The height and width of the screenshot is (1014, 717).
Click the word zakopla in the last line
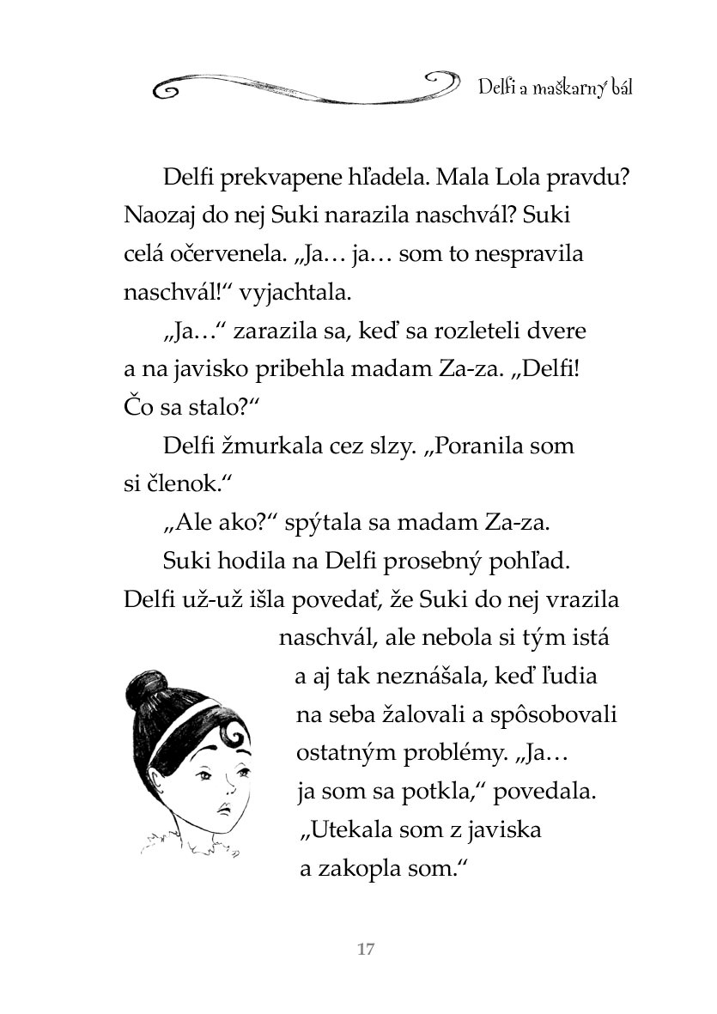click(x=358, y=870)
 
